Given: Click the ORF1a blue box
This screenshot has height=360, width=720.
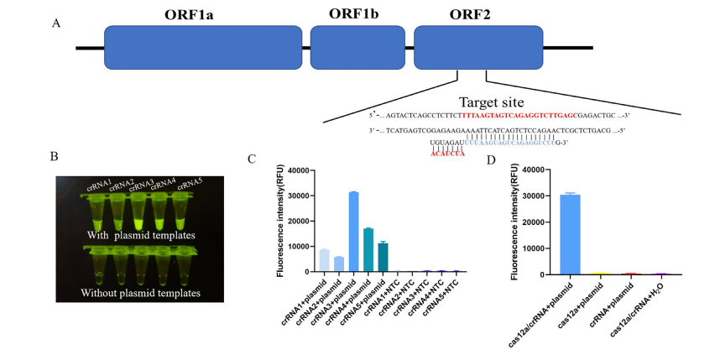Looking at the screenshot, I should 201,47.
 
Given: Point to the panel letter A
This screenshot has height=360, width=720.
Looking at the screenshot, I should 56,23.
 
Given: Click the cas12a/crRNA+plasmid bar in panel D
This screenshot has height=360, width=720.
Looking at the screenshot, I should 571,234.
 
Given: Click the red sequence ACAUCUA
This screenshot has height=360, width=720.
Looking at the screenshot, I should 447,154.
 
